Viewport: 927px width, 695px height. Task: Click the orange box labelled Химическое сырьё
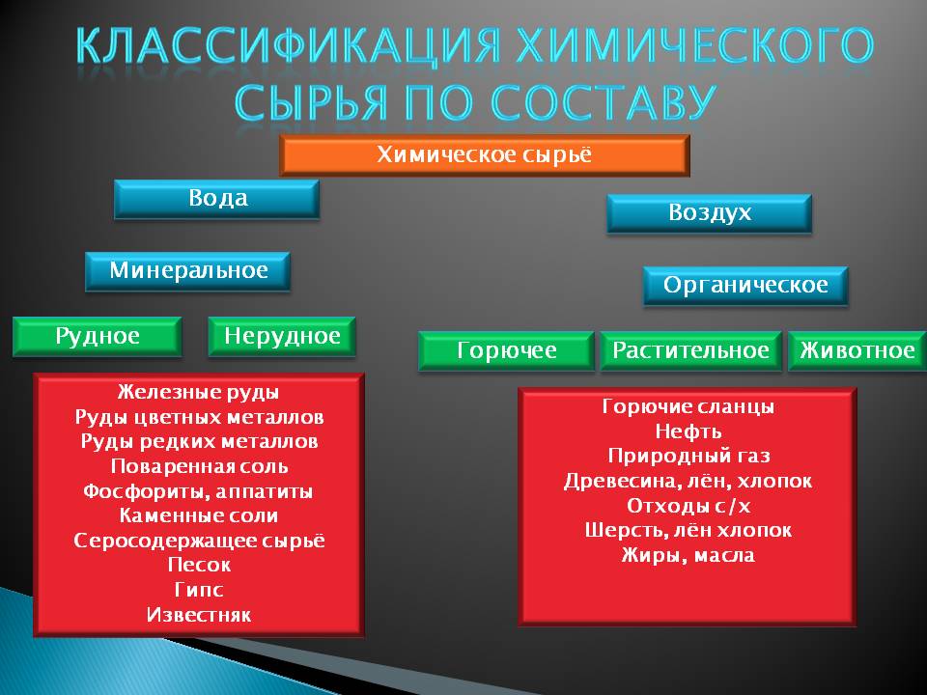(485, 155)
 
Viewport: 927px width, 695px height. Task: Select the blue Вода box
(217, 199)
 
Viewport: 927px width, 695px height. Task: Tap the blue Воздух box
(710, 213)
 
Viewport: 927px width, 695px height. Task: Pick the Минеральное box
(188, 271)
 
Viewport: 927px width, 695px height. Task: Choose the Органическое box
(745, 286)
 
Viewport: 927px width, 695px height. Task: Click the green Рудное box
(98, 336)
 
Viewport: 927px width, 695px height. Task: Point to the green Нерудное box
(282, 336)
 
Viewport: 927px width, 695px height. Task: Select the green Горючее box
(507, 351)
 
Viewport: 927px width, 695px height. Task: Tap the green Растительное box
(691, 351)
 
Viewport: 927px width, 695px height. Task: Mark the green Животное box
(857, 351)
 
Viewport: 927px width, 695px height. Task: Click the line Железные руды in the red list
(198, 392)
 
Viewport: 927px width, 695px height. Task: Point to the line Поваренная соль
(199, 466)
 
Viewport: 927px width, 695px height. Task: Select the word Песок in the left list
(199, 565)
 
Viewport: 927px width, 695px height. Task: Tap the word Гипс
(199, 590)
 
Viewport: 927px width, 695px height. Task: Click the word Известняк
(199, 615)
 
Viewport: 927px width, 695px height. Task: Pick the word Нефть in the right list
(688, 431)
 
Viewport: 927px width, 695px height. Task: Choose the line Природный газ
(688, 456)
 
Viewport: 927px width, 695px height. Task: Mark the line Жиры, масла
(688, 555)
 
